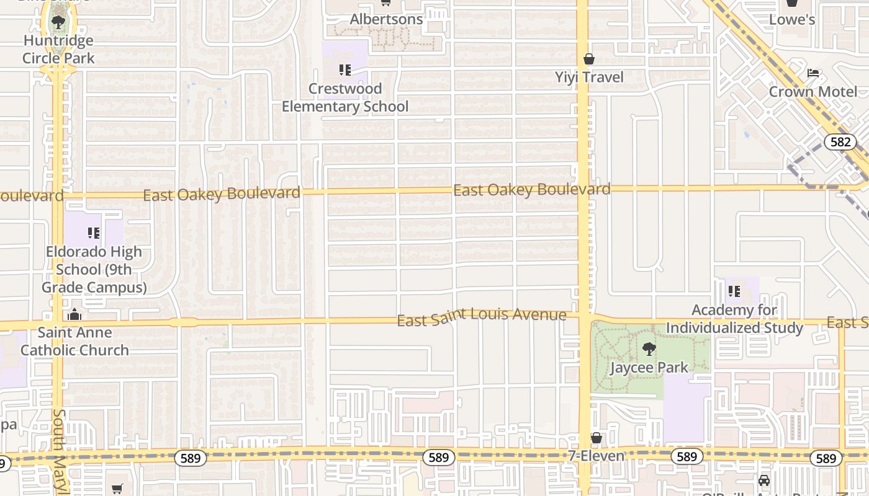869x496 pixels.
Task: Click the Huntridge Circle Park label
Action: click(x=58, y=50)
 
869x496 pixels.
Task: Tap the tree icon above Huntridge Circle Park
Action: click(x=58, y=23)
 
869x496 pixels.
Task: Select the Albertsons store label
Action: click(x=386, y=19)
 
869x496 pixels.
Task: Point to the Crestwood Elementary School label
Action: click(x=345, y=97)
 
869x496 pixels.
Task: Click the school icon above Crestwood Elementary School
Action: click(x=345, y=70)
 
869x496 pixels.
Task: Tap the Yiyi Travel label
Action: click(x=589, y=77)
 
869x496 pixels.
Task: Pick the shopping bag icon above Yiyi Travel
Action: click(x=589, y=60)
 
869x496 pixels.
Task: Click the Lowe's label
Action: click(x=792, y=20)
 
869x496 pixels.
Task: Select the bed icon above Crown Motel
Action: click(x=813, y=73)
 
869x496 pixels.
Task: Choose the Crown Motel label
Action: click(x=813, y=92)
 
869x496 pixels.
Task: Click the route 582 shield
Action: click(x=840, y=142)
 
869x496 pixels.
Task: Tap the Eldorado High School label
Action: click(x=94, y=270)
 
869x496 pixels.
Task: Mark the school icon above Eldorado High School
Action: click(x=94, y=233)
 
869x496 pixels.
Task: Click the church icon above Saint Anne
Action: click(x=74, y=314)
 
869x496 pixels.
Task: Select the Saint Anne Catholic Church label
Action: click(x=74, y=341)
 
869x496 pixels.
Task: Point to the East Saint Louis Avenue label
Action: click(x=482, y=316)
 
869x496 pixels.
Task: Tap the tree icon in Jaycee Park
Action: click(x=649, y=349)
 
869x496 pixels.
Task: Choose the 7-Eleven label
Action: click(x=597, y=456)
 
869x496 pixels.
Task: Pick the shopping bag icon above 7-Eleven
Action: click(x=597, y=438)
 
